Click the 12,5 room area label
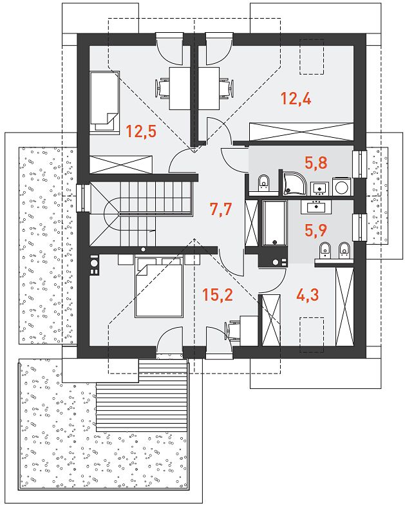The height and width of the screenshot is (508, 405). [x=141, y=131]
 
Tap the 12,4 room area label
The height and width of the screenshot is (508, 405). [x=296, y=99]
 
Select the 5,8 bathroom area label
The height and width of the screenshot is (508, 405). [x=316, y=163]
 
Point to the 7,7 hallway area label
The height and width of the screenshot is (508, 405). [x=221, y=209]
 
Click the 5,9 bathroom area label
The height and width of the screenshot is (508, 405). [x=316, y=230]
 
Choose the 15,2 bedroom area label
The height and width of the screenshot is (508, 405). [x=217, y=294]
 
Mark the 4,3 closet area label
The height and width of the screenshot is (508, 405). [x=308, y=294]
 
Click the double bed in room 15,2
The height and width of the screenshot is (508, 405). [x=159, y=287]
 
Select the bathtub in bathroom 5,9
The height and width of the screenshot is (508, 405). [x=274, y=223]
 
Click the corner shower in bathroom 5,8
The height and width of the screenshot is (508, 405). [x=294, y=183]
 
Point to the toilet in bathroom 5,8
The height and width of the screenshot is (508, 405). [x=265, y=183]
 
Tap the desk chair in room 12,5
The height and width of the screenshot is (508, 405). [x=163, y=88]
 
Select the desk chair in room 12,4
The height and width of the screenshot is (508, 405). [x=226, y=88]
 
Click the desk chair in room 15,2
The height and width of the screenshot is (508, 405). [x=232, y=330]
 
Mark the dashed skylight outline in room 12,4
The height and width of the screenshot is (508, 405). [x=312, y=57]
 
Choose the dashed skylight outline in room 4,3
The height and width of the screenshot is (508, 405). [x=312, y=335]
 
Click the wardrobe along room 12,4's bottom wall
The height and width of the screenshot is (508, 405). [x=301, y=132]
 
